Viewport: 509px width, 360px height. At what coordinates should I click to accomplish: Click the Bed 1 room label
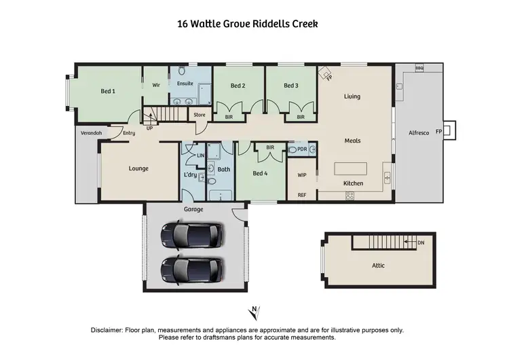tap(108, 91)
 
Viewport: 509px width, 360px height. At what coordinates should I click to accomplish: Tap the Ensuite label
tap(185, 84)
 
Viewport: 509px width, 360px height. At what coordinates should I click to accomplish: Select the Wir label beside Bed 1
tap(156, 86)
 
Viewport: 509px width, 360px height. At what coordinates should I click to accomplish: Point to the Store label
tap(200, 115)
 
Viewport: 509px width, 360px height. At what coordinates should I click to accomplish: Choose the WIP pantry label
tap(303, 175)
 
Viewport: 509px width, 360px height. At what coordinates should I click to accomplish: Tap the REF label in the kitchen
tap(303, 195)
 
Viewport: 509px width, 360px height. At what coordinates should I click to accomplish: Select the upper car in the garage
tap(191, 236)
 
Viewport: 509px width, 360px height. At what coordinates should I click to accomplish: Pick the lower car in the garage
tap(191, 270)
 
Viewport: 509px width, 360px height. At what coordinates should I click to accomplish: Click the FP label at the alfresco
tap(438, 130)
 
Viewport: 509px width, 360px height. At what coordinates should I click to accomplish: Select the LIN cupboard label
tap(201, 156)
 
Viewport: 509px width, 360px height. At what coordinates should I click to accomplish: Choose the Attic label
tap(378, 266)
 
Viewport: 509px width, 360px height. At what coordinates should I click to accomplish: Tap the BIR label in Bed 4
tap(270, 147)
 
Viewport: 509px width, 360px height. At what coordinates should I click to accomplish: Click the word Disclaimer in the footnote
tap(107, 330)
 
